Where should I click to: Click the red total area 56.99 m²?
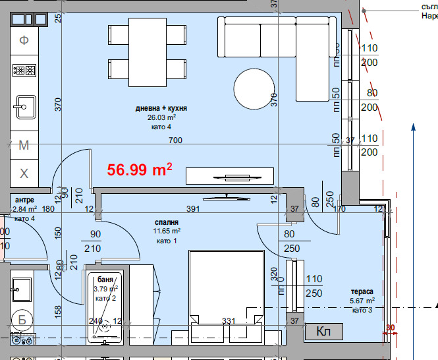point(140,169)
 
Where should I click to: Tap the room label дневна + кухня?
point(161,109)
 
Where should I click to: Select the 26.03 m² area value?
point(161,117)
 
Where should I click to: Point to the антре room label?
point(24,200)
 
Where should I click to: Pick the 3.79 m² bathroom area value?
point(104,289)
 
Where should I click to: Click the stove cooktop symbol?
point(24,69)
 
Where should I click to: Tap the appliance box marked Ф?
point(24,40)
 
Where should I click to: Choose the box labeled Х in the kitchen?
point(24,174)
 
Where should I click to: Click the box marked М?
point(24,146)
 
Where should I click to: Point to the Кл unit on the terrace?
point(323,331)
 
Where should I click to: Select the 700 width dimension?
point(175,140)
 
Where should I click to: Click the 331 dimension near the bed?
point(229,321)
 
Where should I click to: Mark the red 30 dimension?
point(390,328)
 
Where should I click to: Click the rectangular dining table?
point(147,51)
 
